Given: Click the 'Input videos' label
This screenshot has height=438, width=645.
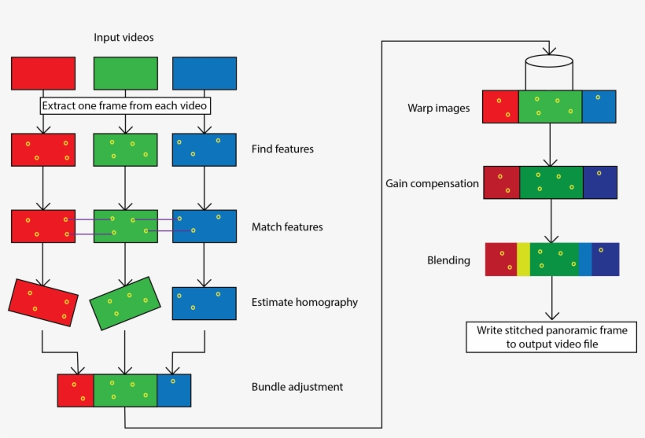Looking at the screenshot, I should tap(123, 38).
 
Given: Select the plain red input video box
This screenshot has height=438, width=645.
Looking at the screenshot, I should tap(43, 73).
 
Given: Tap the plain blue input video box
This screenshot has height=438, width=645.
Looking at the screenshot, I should tap(204, 73).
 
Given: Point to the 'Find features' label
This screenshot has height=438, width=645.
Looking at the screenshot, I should tap(282, 149).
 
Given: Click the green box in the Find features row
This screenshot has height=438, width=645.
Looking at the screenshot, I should tap(125, 149).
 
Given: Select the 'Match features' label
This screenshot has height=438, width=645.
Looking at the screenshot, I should tap(287, 227).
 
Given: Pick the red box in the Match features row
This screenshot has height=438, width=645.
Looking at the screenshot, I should tap(43, 226).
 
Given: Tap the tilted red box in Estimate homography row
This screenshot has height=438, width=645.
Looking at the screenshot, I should tap(43, 302).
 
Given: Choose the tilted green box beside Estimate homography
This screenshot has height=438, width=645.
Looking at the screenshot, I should tap(125, 303).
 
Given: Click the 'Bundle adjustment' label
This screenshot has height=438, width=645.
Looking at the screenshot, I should tap(297, 387).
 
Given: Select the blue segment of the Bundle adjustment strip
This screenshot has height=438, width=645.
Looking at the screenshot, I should tap(174, 390).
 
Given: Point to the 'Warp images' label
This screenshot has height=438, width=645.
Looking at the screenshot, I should tap(438, 108).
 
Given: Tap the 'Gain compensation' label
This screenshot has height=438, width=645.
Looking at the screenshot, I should tap(432, 183).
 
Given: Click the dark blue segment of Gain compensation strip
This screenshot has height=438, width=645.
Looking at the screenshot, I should tap(600, 182).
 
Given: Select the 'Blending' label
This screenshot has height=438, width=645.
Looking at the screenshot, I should tap(448, 260).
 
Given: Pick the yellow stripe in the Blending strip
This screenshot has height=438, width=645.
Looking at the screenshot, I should tap(523, 259).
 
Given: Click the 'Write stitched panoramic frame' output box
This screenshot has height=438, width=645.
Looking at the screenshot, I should tap(551, 337).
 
